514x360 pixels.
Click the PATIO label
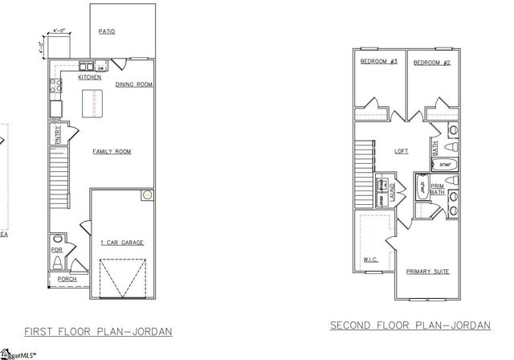107,32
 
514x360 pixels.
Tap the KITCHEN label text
89,78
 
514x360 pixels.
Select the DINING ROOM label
133,84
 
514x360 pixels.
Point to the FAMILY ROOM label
112,151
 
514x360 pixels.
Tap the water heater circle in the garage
147,195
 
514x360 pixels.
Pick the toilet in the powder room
55,240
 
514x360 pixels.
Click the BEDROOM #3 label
379,62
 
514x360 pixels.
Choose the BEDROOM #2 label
432,62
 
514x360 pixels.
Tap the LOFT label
402,150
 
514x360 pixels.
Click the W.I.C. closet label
370,260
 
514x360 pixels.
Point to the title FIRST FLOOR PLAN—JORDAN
98,331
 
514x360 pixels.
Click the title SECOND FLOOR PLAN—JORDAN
410,325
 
